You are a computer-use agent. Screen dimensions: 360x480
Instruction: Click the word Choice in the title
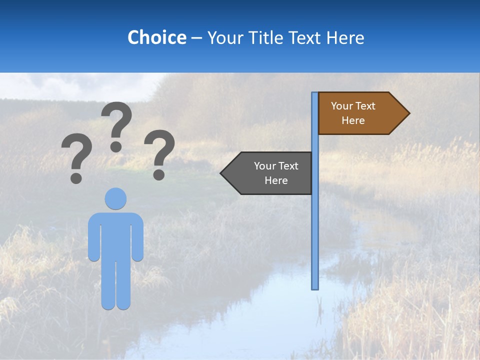tap(156, 37)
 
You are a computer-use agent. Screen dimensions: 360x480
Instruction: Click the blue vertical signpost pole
tap(315, 225)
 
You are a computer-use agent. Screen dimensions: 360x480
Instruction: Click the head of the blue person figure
tap(115, 198)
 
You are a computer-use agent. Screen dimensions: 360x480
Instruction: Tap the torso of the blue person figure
tap(115, 235)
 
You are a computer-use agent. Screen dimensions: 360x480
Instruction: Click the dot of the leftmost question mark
tap(76, 178)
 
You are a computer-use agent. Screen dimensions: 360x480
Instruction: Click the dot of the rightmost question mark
tap(159, 174)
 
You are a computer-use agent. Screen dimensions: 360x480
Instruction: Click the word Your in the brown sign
tap(341, 106)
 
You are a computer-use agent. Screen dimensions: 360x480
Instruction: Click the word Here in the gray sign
tap(275, 180)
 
